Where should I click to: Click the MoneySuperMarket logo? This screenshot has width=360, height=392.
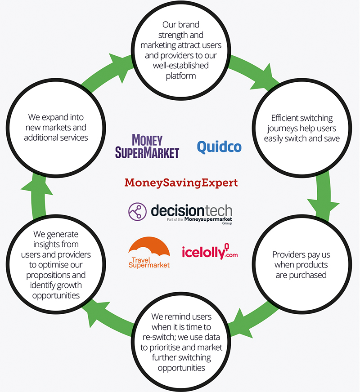147,146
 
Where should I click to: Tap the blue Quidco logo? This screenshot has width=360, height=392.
219,147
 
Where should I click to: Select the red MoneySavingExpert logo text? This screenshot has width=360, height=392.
180,183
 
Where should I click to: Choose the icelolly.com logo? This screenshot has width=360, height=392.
209,252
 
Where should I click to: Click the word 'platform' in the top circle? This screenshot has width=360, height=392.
180,76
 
